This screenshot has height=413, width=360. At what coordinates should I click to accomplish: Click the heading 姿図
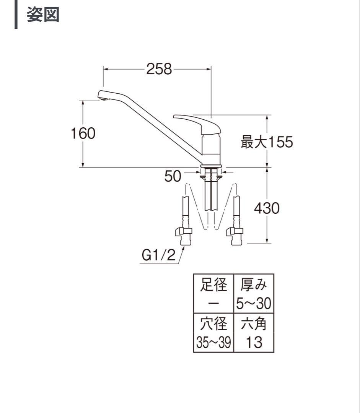43,15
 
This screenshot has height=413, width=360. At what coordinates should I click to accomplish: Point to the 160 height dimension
83,133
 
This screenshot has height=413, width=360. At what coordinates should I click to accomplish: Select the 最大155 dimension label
266,142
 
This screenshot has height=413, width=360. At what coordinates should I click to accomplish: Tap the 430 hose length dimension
266,208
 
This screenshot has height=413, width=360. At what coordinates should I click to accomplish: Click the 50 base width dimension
173,176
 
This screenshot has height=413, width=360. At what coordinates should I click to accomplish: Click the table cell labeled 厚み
253,285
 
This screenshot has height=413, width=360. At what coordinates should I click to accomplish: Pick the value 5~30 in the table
253,304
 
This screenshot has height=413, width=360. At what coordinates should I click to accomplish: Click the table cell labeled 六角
253,324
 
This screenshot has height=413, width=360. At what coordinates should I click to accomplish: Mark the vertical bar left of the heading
16,15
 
